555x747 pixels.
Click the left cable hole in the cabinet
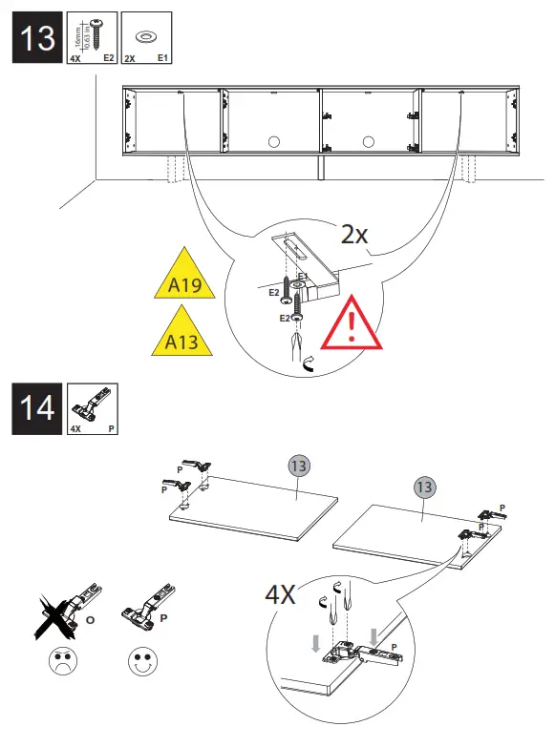[273, 141]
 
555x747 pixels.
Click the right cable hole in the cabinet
[369, 141]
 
